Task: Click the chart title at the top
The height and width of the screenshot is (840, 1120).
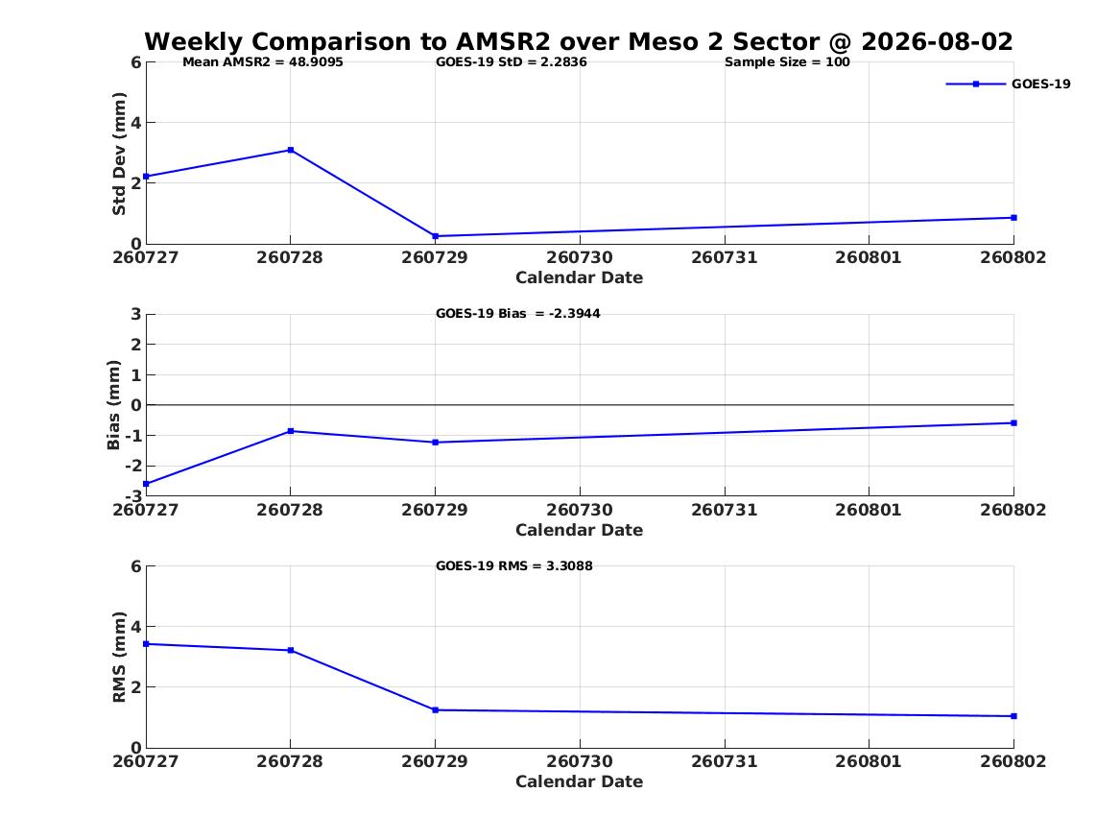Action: (579, 41)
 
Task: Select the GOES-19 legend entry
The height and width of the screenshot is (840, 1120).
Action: (1008, 84)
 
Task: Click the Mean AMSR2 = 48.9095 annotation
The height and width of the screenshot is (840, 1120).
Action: (263, 62)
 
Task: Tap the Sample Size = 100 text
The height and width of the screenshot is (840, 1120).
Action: (787, 62)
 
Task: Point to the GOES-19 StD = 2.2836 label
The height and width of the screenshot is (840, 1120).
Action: (512, 62)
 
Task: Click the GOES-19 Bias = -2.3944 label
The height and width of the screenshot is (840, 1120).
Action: (518, 314)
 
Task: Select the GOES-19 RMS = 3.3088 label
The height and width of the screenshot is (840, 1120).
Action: (514, 565)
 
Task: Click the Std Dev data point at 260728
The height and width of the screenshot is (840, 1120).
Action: (291, 150)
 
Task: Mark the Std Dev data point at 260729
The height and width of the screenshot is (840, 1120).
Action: (435, 236)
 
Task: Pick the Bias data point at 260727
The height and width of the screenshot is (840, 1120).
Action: (147, 484)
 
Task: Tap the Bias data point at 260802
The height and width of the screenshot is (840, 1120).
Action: (1013, 422)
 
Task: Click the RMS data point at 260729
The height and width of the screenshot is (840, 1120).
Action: (435, 710)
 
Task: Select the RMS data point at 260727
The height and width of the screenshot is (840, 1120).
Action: (147, 643)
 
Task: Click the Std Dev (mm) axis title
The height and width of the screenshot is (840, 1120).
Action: (119, 154)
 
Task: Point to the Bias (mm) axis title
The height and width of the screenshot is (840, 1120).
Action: (113, 405)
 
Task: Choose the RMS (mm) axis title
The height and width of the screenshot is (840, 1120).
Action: (119, 658)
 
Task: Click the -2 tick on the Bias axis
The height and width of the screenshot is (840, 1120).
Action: (132, 466)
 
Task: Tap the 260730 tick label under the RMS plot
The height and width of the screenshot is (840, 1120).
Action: (580, 761)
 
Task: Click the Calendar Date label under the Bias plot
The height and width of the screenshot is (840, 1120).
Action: (580, 530)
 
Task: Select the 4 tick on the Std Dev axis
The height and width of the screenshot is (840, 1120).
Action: (135, 123)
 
